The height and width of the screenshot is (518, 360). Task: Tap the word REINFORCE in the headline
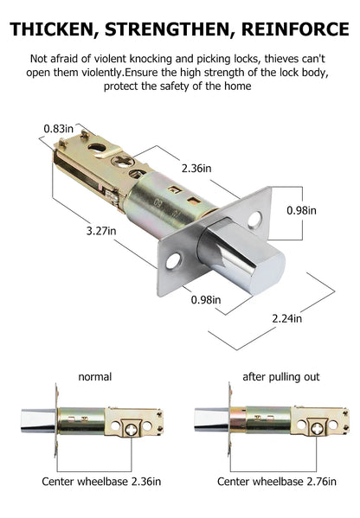pyautogui.click(x=295, y=29)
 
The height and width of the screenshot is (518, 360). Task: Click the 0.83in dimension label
pyautogui.click(x=59, y=129)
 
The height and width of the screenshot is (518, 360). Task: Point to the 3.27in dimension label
pyautogui.click(x=101, y=231)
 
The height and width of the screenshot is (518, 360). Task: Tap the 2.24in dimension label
pyautogui.click(x=287, y=318)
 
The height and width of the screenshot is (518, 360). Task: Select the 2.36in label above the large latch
pyautogui.click(x=196, y=168)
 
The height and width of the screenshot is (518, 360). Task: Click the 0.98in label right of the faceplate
pyautogui.click(x=301, y=210)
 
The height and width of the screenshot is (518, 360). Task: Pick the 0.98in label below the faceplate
pyautogui.click(x=206, y=299)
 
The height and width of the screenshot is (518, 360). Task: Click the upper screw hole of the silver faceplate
pyautogui.click(x=254, y=221)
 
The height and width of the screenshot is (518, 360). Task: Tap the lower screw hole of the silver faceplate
pyautogui.click(x=173, y=261)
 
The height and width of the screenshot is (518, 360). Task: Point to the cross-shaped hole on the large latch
pyautogui.click(x=123, y=161)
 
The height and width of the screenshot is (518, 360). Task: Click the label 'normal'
pyautogui.click(x=95, y=377)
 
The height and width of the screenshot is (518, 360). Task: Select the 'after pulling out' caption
pyautogui.click(x=281, y=377)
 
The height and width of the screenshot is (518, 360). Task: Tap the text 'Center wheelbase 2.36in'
pyautogui.click(x=101, y=482)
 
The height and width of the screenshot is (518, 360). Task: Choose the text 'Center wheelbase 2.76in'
pyautogui.click(x=277, y=482)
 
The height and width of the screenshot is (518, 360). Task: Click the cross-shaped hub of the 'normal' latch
pyautogui.click(x=132, y=430)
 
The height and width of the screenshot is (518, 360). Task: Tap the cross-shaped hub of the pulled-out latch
pyautogui.click(x=318, y=429)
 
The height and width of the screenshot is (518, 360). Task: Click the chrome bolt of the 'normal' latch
pyautogui.click(x=38, y=420)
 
